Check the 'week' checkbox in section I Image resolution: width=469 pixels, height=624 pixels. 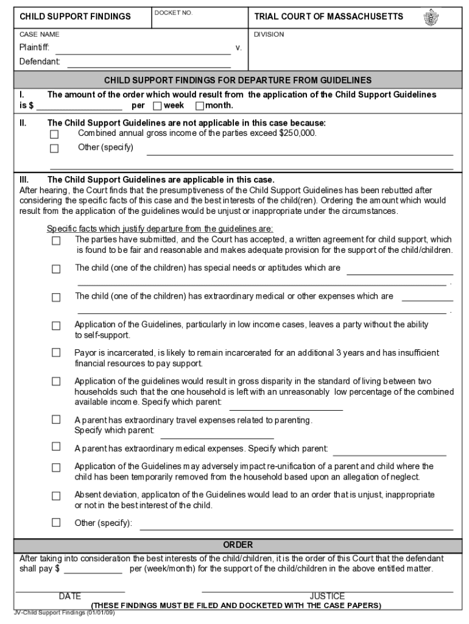(157, 106)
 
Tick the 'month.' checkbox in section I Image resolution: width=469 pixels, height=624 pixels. (200, 106)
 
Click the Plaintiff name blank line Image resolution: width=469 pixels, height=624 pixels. (143, 48)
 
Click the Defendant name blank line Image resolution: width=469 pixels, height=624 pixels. (149, 62)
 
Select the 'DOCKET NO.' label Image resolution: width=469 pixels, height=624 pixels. (173, 13)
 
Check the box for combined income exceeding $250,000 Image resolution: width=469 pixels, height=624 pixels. (55, 134)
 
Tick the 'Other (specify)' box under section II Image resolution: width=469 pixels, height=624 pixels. (55, 149)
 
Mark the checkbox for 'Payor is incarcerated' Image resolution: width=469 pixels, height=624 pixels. (56, 353)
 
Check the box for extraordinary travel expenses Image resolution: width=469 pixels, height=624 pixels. (56, 420)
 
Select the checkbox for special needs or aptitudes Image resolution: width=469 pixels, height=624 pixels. (56, 269)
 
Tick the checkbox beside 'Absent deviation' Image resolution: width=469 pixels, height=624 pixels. (56, 495)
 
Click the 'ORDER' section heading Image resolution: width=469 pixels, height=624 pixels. (238, 545)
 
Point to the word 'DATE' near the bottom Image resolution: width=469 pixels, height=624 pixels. (70, 596)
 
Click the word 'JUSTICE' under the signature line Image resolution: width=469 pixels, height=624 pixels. (327, 596)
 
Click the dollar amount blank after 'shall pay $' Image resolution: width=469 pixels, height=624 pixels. (93, 569)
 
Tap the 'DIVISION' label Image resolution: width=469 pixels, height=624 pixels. (269, 35)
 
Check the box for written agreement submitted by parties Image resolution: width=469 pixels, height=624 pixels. (56, 241)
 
